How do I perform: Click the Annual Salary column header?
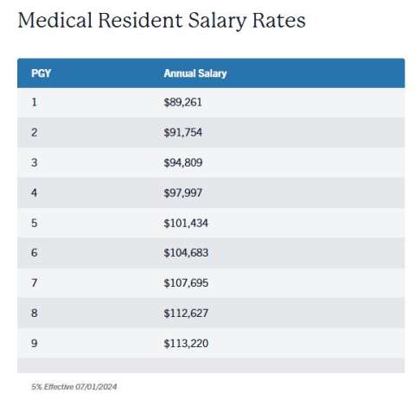(195, 73)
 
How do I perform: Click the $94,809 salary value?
(183, 162)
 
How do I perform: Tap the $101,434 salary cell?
(186, 223)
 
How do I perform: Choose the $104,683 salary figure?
(186, 253)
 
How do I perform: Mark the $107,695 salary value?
(186, 283)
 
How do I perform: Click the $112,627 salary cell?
(186, 313)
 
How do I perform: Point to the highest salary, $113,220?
(186, 344)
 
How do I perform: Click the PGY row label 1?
(34, 102)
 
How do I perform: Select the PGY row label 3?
(35, 162)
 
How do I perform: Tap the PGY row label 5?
(35, 223)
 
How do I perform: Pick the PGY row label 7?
(35, 283)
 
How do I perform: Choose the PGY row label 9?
(35, 344)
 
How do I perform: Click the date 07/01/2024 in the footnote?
(96, 387)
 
